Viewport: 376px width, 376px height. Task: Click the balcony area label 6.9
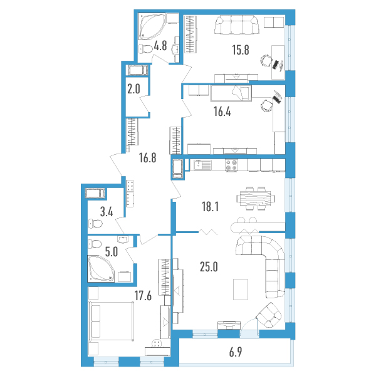[236, 352]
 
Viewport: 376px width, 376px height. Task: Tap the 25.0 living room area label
[209, 267]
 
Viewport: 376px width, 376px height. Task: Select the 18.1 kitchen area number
[210, 207]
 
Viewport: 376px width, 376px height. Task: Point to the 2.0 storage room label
[133, 89]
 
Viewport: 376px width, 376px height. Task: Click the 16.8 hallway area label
[147, 158]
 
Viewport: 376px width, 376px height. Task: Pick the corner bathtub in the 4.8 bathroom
[152, 26]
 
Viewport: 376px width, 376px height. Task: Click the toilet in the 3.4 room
[95, 224]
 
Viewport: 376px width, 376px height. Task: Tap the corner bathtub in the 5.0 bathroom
[101, 268]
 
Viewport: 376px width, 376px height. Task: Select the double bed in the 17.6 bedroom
[111, 321]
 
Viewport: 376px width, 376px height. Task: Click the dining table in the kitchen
[256, 199]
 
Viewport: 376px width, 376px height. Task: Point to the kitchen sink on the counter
[202, 165]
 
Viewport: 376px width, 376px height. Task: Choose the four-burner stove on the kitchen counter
[231, 165]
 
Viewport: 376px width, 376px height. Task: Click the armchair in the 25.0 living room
[269, 315]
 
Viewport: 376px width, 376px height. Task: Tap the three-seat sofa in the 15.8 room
[237, 24]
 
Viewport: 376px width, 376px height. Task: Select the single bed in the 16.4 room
[231, 93]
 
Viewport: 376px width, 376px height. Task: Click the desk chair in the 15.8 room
[266, 60]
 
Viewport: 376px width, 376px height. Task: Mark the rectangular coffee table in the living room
[241, 289]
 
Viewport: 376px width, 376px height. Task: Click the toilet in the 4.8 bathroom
[146, 49]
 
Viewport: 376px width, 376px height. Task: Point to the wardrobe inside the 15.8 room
[191, 34]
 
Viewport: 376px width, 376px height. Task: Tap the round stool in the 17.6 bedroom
[157, 343]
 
